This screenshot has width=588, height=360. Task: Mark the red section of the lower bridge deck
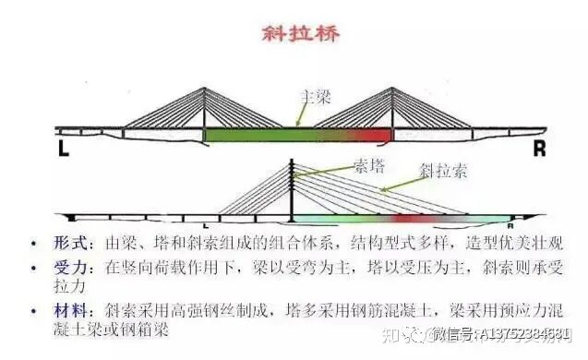410,221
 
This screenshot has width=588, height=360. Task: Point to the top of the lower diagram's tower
293,162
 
